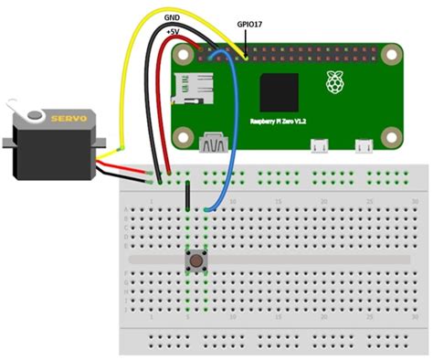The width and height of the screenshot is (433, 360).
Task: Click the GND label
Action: (x=172, y=17)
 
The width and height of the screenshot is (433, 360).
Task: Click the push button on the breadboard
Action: (x=195, y=261)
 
